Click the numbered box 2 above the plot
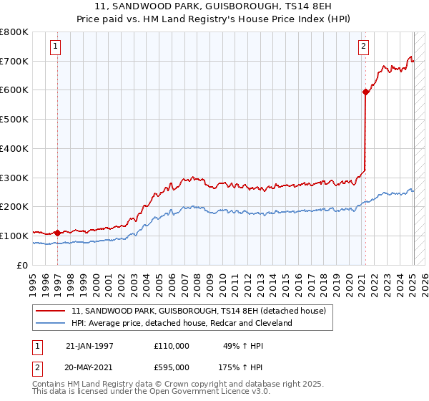point(363,47)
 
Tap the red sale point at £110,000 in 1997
point(56,233)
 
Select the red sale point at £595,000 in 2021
point(365,92)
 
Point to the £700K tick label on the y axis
point(14,62)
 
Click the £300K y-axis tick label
point(14,178)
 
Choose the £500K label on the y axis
point(14,120)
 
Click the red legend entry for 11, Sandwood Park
point(199,311)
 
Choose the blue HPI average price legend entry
point(182,323)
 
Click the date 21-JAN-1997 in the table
point(89,346)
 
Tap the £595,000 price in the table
point(172,367)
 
